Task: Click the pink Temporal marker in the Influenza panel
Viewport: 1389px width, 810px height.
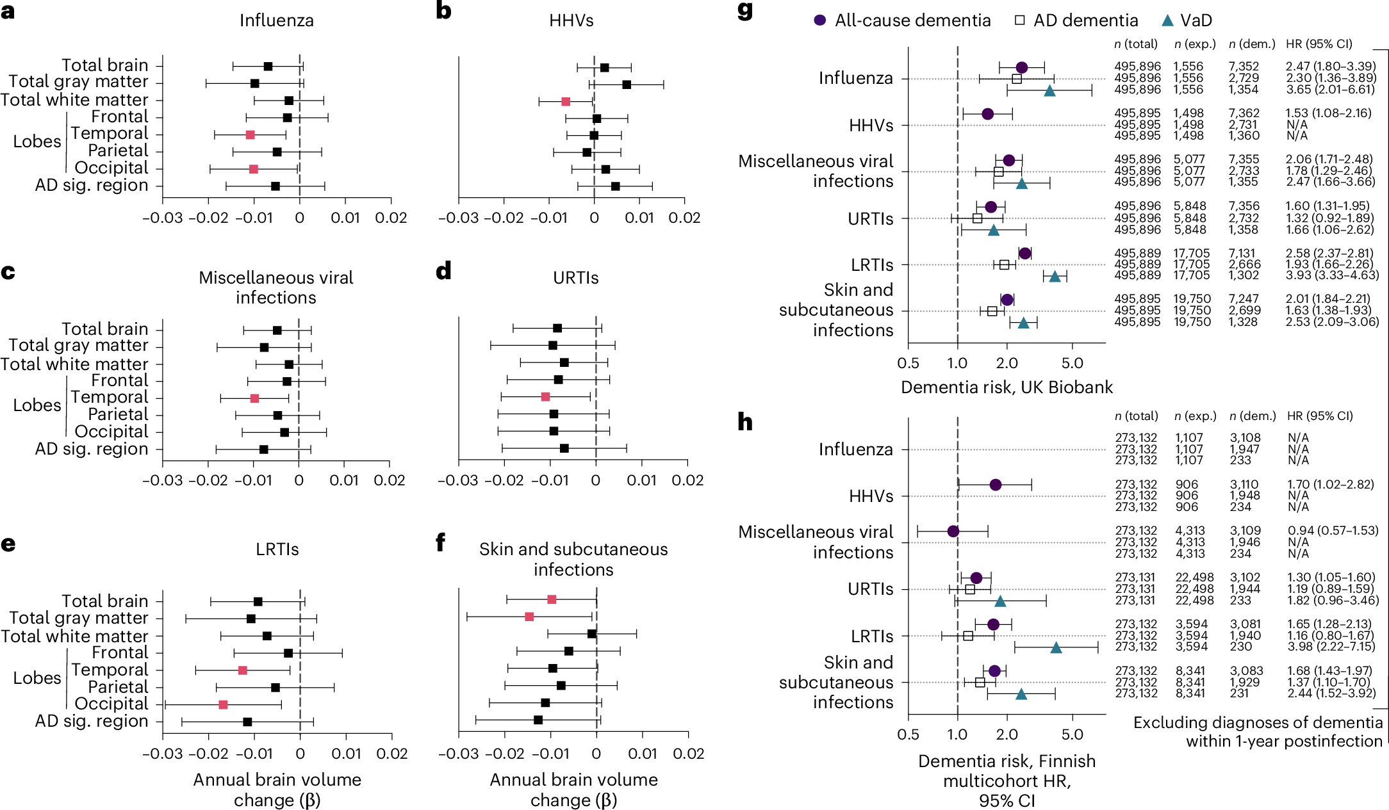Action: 250,135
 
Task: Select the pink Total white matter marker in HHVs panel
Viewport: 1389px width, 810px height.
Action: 566,102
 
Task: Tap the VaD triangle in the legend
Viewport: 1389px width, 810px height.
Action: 1167,20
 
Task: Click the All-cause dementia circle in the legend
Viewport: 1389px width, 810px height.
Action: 819,20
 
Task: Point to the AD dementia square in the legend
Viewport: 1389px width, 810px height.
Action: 1020,20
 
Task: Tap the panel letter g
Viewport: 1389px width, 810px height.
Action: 745,11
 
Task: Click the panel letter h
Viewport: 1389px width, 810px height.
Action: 744,422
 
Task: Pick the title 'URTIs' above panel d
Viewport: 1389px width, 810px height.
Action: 575,278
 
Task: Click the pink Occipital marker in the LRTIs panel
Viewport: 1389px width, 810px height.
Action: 223,705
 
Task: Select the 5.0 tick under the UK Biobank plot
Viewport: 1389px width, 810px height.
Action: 1072,364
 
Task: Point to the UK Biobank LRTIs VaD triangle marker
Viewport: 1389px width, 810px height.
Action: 1055,277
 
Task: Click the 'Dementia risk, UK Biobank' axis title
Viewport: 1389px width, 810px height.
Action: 1007,387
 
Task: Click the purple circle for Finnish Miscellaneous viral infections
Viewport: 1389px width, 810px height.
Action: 953,531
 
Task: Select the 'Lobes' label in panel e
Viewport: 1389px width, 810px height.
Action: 37,678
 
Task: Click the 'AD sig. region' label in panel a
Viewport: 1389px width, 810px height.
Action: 92,186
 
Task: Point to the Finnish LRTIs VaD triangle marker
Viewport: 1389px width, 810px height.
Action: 1056,648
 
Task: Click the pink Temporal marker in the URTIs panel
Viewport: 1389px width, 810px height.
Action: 545,397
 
